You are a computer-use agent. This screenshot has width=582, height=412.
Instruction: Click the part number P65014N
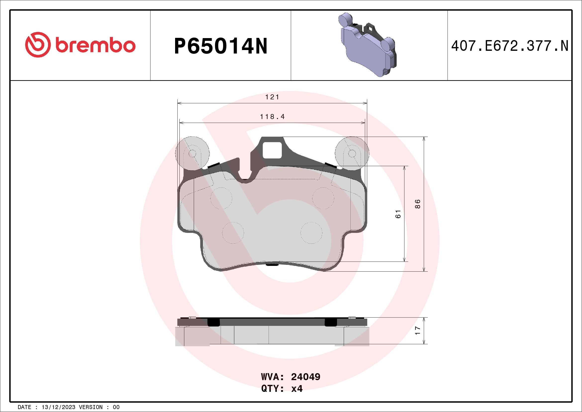click(221, 46)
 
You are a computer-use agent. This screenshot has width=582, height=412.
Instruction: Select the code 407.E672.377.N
click(510, 46)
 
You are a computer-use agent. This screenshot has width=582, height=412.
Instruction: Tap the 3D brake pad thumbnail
click(367, 45)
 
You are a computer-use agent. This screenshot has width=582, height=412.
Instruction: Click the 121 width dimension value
click(272, 97)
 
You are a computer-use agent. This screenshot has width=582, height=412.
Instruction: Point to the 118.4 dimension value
click(272, 117)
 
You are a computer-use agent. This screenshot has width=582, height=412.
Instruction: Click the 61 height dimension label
click(398, 214)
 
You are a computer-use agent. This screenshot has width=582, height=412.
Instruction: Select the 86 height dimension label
click(418, 204)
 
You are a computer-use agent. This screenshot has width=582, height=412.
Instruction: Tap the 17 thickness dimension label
click(418, 330)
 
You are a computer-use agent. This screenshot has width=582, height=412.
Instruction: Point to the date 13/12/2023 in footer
click(58, 407)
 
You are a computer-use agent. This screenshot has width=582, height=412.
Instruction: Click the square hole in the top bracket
click(272, 150)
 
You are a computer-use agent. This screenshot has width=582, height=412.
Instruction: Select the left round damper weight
click(193, 153)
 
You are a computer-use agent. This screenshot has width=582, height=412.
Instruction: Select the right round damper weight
click(352, 153)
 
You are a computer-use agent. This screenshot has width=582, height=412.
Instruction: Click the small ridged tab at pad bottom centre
click(272, 265)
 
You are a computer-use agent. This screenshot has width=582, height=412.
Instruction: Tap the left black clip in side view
click(213, 322)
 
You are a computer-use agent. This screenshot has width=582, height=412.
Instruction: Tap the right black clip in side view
click(331, 322)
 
